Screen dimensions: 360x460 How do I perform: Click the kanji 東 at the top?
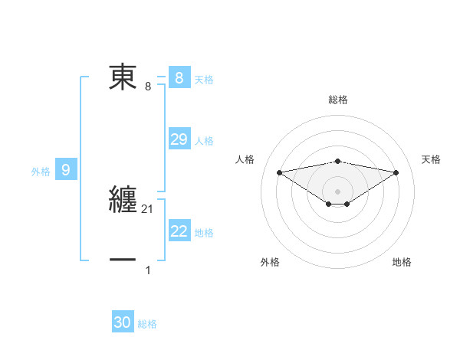coord(123,77)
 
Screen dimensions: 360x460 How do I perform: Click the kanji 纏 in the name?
coord(123,199)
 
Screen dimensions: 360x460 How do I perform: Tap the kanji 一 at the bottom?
coord(123,260)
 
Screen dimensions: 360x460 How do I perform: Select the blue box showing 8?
coord(179,78)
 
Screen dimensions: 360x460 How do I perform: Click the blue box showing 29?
coord(179,139)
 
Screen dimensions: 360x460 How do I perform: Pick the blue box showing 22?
coord(179,231)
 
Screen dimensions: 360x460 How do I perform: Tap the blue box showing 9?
coord(66,170)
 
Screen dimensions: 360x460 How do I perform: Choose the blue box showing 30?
coord(123,322)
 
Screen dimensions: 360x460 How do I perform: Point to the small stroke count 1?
coord(148,270)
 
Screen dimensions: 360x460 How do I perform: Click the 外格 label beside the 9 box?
coord(41,172)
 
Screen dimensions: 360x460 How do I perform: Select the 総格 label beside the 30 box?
coord(147,324)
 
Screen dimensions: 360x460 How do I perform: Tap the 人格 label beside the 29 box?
coord(204,141)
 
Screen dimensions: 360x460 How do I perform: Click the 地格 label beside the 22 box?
coord(204,233)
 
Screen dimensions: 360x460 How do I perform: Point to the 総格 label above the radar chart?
coord(337,100)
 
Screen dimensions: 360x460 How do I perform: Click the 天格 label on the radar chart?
coord(432,159)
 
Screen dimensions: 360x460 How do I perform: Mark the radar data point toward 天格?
coord(396,172)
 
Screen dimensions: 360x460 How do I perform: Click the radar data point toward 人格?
coord(279,172)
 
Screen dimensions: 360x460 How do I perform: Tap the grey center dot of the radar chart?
coord(337,191)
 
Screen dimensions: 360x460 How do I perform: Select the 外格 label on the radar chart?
coord(270,262)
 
